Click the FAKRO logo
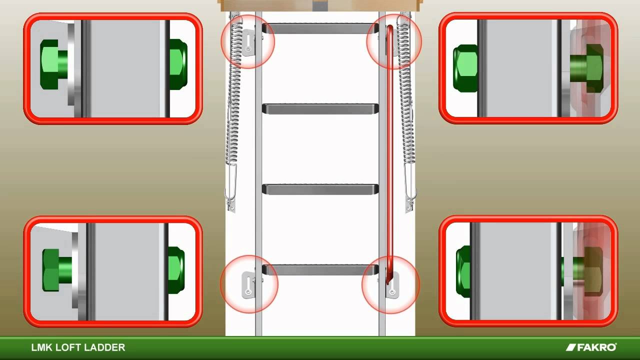[x=591, y=347]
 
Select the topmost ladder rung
[x=320, y=28]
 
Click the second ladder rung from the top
[x=320, y=109]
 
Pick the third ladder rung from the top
[x=320, y=189]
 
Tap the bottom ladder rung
[x=320, y=270]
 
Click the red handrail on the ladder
[x=389, y=154]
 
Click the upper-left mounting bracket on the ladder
[x=248, y=43]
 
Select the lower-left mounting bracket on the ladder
[x=248, y=285]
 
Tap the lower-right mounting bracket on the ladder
[x=392, y=285]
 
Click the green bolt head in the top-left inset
[x=53, y=64]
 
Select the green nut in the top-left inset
[x=178, y=64]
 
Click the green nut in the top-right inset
[x=465, y=68]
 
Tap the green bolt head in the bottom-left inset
[x=57, y=270]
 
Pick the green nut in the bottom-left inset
[x=176, y=270]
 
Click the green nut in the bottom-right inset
[x=463, y=271]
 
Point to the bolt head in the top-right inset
[x=587, y=68]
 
